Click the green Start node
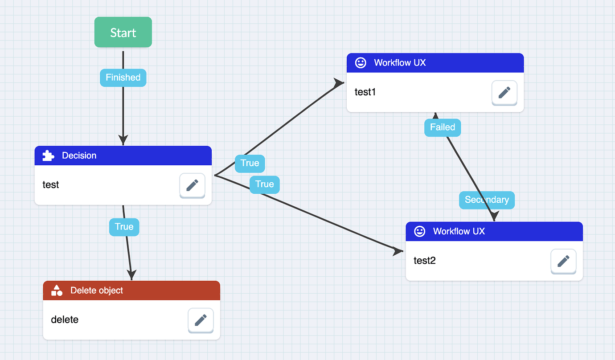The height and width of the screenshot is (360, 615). pyautogui.click(x=123, y=32)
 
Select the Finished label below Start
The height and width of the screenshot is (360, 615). pyautogui.click(x=123, y=78)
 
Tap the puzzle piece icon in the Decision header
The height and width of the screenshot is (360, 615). pyautogui.click(x=48, y=155)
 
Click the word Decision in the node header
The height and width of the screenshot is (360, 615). pyautogui.click(x=79, y=155)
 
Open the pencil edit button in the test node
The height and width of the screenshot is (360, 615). pyautogui.click(x=192, y=185)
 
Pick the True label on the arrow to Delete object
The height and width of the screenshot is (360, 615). pyautogui.click(x=124, y=227)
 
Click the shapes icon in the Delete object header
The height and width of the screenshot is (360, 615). pyautogui.click(x=57, y=290)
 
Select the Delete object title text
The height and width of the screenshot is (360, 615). pyautogui.click(x=97, y=290)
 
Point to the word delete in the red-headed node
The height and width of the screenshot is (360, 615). pyautogui.click(x=65, y=319)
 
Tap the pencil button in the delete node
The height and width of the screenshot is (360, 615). pyautogui.click(x=201, y=320)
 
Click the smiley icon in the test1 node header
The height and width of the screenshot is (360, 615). pyautogui.click(x=361, y=63)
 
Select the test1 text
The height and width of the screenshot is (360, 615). pyautogui.click(x=365, y=92)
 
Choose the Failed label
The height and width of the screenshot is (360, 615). pyautogui.click(x=443, y=127)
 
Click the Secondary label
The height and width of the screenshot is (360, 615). pyautogui.click(x=487, y=200)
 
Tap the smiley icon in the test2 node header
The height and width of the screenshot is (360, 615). pyautogui.click(x=419, y=231)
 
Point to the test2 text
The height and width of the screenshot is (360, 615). pyautogui.click(x=425, y=261)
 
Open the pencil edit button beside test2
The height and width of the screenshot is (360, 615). pyautogui.click(x=563, y=261)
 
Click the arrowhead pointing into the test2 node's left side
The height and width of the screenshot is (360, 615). pyautogui.click(x=398, y=251)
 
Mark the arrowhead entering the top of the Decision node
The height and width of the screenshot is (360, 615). pyautogui.click(x=123, y=139)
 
